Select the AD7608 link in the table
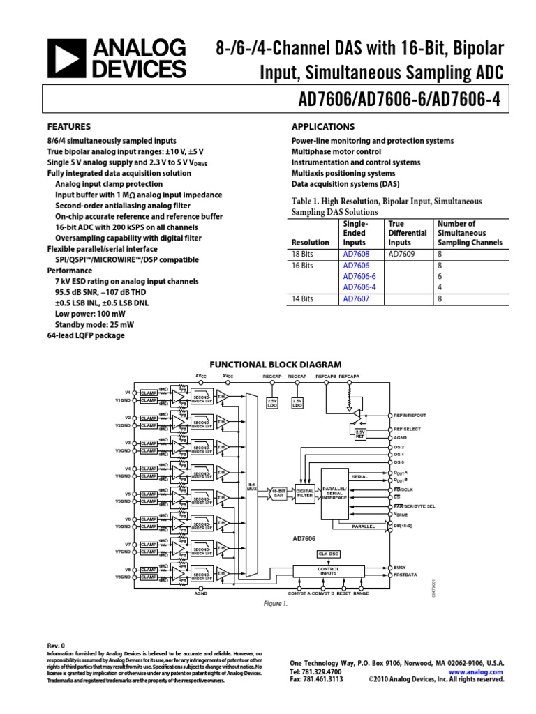pos(356,255)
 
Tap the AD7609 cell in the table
pos(401,255)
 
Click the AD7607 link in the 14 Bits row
pos(356,298)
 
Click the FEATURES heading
pos(68,127)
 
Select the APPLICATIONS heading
pos(322,127)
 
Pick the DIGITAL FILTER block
pos(305,493)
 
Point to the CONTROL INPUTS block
pos(328,571)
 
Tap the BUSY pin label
pos(399,568)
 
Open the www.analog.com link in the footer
pos(481,671)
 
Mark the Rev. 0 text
pos(56,646)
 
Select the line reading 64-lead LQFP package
pos(85,335)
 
